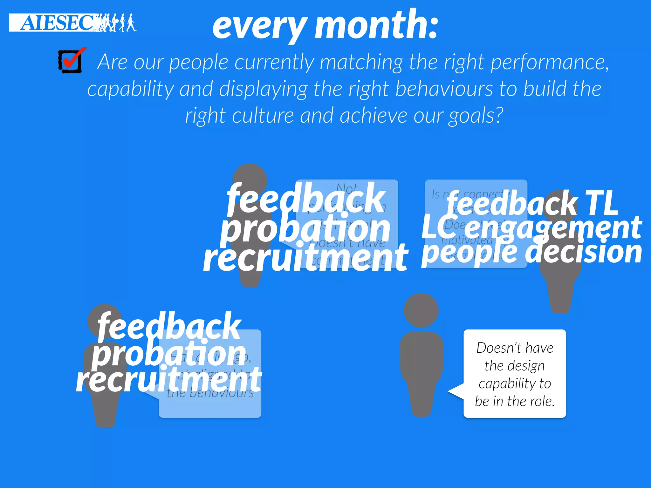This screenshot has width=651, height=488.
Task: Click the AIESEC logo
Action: pos(72,23)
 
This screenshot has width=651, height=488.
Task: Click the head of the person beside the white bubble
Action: pos(421,310)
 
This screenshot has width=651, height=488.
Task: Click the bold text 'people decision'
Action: pos(531,253)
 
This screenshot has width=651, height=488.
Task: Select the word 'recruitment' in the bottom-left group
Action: pos(169,379)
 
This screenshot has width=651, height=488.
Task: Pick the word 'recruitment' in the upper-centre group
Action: pos(305,257)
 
